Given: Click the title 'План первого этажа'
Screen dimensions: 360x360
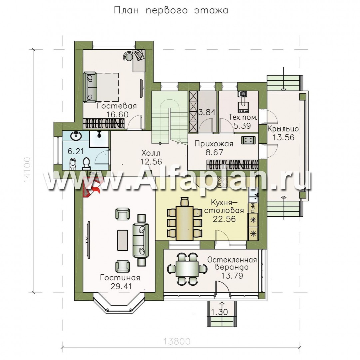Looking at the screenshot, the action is tap(171, 10).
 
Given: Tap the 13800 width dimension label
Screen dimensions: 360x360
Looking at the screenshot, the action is tap(177, 341).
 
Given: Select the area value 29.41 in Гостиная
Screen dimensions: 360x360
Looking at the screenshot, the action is tap(120, 286).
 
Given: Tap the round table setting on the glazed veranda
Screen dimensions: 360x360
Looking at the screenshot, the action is tap(187, 269).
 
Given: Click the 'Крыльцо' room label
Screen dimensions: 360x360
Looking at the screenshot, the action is tap(283, 129).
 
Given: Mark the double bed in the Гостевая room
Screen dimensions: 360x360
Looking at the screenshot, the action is tap(101, 87).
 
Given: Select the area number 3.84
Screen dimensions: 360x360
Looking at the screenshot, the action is tap(206, 112).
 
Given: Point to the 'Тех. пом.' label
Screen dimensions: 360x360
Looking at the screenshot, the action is tap(243, 117).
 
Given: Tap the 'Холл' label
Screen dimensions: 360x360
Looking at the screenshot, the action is tap(151, 153).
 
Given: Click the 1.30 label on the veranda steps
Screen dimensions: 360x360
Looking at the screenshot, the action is tap(219, 312).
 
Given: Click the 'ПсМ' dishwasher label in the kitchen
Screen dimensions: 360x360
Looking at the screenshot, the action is tap(252, 208).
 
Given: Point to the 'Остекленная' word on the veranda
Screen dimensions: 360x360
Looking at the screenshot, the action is tap(232, 260).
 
